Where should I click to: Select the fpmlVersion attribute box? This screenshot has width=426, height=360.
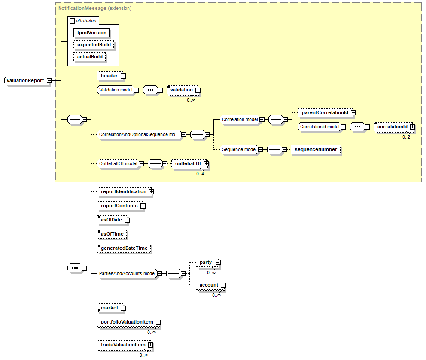tap(91, 33)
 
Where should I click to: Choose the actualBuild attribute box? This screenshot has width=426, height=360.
tap(90, 57)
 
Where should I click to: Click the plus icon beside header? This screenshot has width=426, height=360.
tap(123, 76)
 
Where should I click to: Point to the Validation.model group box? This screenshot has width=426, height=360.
tap(115, 90)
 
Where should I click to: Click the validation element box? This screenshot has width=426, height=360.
tap(181, 90)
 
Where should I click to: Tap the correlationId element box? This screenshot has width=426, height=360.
tap(392, 127)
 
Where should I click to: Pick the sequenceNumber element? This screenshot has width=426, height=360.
tap(316, 149)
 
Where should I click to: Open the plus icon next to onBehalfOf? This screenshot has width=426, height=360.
tap(206, 163)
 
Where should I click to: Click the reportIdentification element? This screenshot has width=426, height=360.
tap(123, 191)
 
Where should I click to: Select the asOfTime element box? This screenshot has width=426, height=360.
tap(112, 234)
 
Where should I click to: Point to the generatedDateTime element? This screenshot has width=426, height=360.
tap(124, 248)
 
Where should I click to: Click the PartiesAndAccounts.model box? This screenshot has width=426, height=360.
tap(127, 273)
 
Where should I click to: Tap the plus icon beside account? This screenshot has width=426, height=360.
tap(223, 285)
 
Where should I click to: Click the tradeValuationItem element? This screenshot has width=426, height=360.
tap(123, 345)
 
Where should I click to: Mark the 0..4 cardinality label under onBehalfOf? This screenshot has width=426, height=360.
tap(200, 174)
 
